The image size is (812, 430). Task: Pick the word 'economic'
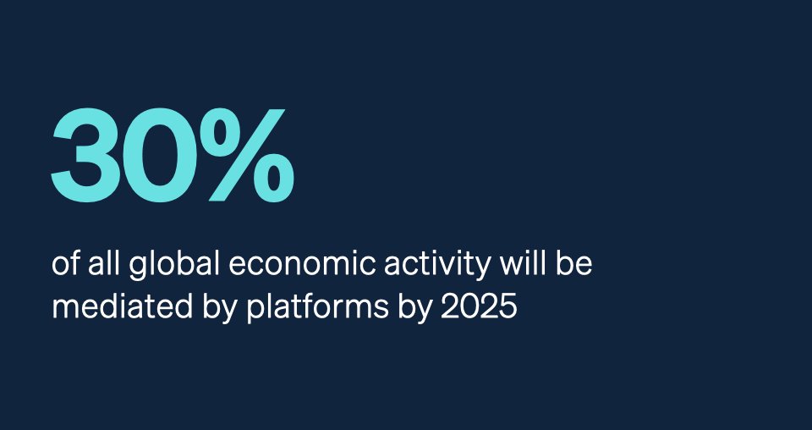(x=279, y=264)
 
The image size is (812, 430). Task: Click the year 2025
(x=480, y=306)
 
